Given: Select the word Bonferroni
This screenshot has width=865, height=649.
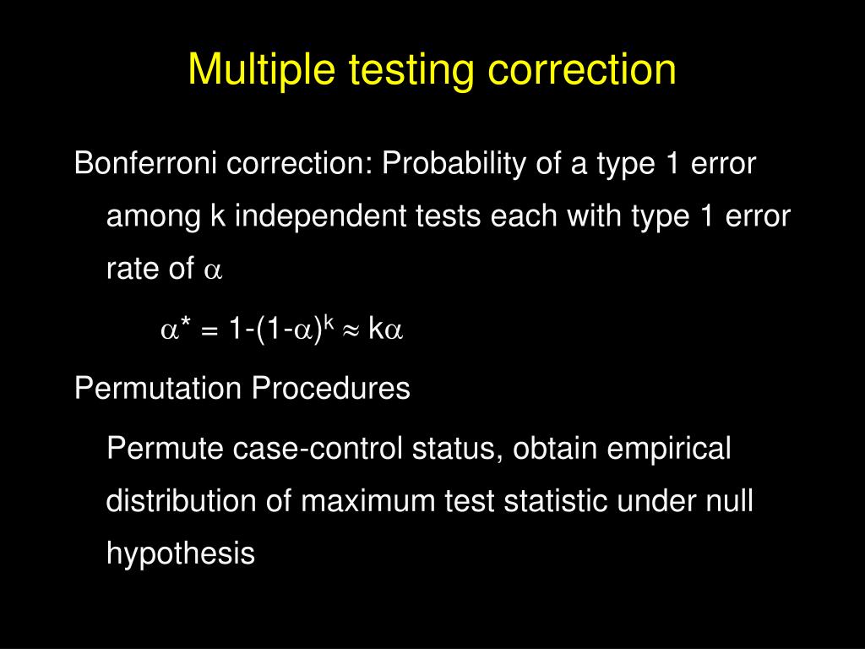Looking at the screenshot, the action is click(x=145, y=163).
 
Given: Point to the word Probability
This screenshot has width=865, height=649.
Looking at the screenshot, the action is click(x=454, y=164).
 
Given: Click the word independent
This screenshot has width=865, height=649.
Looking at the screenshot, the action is click(x=320, y=215).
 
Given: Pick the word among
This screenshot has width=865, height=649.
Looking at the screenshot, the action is click(x=154, y=216).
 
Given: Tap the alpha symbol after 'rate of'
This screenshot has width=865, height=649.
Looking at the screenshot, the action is click(x=213, y=270).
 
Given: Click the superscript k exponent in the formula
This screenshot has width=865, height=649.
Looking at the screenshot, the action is click(x=329, y=322).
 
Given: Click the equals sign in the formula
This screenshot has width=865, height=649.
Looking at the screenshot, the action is click(x=209, y=331).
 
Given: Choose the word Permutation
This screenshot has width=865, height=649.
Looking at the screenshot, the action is click(x=158, y=388).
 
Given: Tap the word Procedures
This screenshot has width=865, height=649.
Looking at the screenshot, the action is click(x=331, y=388).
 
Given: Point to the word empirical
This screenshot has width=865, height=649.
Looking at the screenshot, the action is click(x=669, y=448).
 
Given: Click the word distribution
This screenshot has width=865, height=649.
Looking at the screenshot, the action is click(x=181, y=500).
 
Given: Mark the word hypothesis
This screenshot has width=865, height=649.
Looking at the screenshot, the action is click(x=181, y=554).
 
